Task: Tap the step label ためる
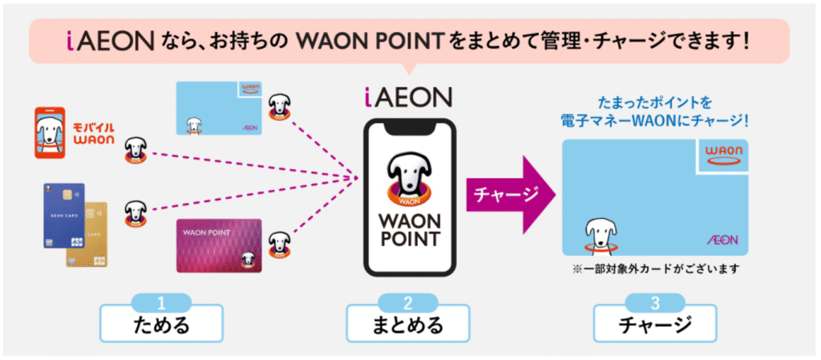pyautogui.click(x=161, y=325)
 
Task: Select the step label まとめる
pyautogui.click(x=408, y=325)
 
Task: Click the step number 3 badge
pyautogui.click(x=654, y=302)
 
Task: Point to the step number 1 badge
pyautogui.click(x=161, y=302)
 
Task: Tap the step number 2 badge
pyautogui.click(x=408, y=302)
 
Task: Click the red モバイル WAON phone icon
pyautogui.click(x=50, y=133)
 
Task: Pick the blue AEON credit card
pyautogui.click(x=64, y=216)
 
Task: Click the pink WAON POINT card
pyautogui.click(x=219, y=245)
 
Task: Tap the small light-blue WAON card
pyautogui.click(x=219, y=108)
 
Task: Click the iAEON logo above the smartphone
pyautogui.click(x=408, y=97)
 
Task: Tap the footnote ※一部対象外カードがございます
pyautogui.click(x=656, y=269)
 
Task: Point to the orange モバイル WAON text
pyautogui.click(x=94, y=134)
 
